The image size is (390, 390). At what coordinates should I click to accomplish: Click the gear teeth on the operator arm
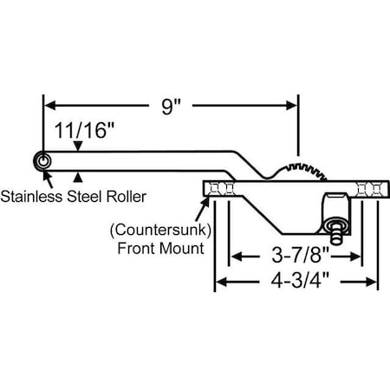tap(312, 166)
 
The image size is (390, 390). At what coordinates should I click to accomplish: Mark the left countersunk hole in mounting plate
tap(224, 189)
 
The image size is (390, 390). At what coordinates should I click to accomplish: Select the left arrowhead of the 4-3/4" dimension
tap(220, 281)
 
